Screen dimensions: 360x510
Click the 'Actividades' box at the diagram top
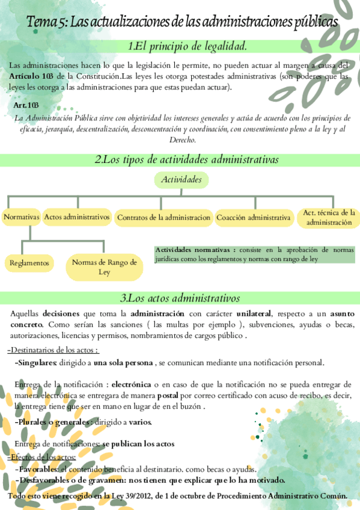tap(181, 180)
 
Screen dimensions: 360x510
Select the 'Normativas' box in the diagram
tap(21, 217)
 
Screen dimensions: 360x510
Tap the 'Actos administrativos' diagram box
tap(77, 217)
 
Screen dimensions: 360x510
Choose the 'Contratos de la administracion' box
tap(163, 217)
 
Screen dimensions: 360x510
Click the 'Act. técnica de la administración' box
tap(329, 217)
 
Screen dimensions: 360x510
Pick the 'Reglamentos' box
tap(29, 263)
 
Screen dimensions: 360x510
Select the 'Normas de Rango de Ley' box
tap(104, 267)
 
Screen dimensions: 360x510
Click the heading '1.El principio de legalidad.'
tap(187, 46)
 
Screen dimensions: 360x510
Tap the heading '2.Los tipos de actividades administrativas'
tap(186, 160)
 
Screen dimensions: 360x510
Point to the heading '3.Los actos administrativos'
tap(180, 298)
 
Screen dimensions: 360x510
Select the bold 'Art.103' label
tap(26, 105)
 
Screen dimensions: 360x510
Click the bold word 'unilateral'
tap(253, 313)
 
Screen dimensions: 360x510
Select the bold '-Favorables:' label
tap(36, 469)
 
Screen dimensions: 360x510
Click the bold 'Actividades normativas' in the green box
tap(195, 250)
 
